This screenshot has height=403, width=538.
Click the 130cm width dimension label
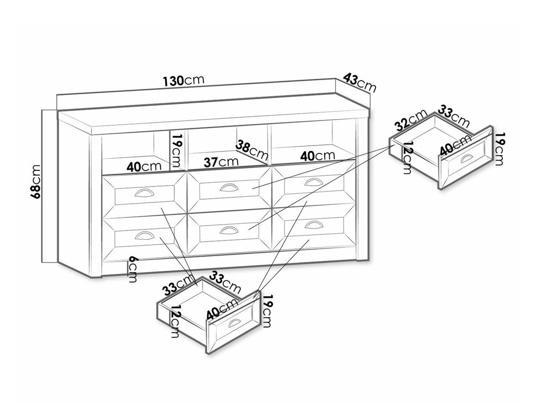tap(184, 81)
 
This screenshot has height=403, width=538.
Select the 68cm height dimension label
tap(35, 181)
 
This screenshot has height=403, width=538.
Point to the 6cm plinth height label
tap(133, 270)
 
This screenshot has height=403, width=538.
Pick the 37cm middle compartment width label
tap(221, 162)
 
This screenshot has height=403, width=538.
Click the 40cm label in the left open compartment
tap(144, 166)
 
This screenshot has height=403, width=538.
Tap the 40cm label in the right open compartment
tap(318, 156)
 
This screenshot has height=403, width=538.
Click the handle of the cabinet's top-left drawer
tap(144, 193)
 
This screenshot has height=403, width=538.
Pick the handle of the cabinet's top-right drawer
tap(313, 182)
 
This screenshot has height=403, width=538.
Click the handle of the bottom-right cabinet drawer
tap(313, 225)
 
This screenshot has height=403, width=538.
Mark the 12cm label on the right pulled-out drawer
tap(407, 158)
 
